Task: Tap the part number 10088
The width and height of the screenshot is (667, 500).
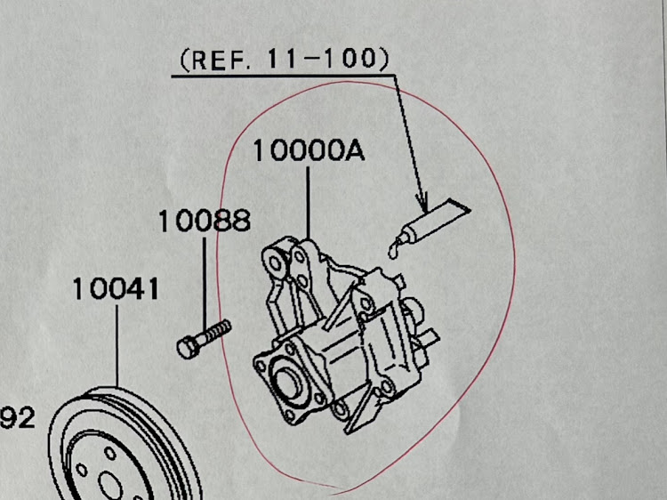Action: click(x=204, y=221)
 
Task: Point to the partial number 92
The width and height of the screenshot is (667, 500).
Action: click(x=18, y=415)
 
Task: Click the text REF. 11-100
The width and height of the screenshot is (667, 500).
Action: click(x=284, y=60)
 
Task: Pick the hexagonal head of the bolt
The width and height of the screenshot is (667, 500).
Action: click(x=188, y=345)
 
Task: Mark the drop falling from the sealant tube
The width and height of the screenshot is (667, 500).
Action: click(x=392, y=253)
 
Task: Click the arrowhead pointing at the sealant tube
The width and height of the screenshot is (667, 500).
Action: click(x=423, y=200)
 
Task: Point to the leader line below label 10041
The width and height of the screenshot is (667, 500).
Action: click(x=117, y=347)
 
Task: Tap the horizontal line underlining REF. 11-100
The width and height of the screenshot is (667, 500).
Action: click(x=285, y=77)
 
